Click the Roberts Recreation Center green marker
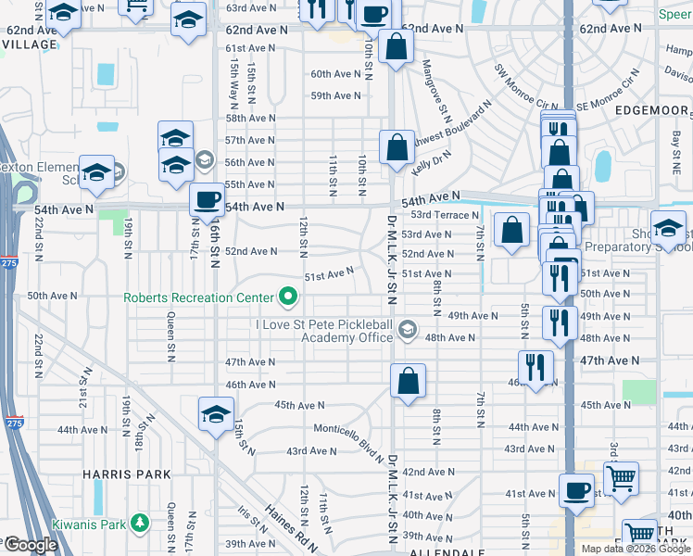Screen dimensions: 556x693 pos(288,297)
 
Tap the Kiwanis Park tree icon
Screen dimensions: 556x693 pos(140,524)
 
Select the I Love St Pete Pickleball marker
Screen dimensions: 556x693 pos(406,329)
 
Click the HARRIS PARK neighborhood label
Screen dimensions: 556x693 pos(127,474)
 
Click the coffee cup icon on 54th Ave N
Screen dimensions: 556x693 pos(207,198)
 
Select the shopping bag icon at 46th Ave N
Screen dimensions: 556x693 pos(408,381)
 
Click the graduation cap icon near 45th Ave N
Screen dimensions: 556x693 pos(216,413)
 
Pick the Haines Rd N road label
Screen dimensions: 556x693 pos(288,528)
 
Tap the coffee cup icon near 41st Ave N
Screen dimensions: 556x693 pos(576,490)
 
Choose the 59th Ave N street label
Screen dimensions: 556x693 pos(335,95)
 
